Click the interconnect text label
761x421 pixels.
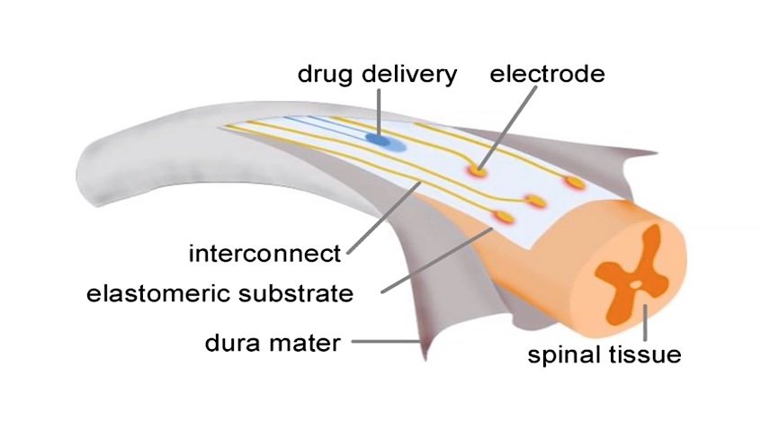pyautogui.click(x=265, y=254)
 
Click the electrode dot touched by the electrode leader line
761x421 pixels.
pyautogui.click(x=476, y=168)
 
